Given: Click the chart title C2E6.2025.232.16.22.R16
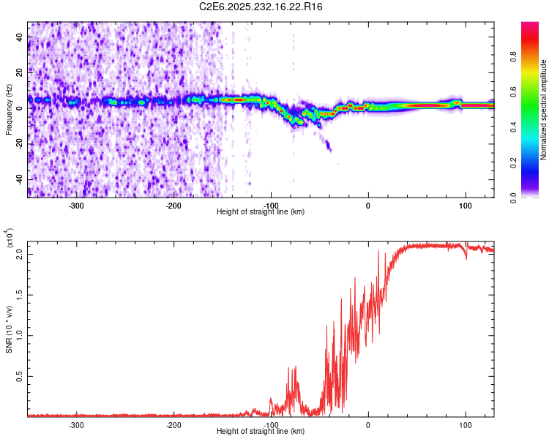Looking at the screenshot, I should [x=261, y=7].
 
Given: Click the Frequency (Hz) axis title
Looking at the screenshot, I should [x=9, y=109].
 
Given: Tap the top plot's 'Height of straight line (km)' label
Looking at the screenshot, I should [x=261, y=212].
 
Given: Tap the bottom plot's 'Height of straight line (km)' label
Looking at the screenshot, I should [x=261, y=432].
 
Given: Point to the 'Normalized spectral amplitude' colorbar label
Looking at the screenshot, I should [x=544, y=110].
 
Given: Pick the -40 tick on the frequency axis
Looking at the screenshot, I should [x=18, y=179].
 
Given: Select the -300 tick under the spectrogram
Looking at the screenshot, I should [x=77, y=206].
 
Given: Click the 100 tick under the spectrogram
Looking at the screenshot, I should [x=465, y=206].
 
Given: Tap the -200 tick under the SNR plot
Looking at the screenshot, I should [x=173, y=425].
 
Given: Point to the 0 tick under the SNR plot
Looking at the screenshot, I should [x=368, y=425].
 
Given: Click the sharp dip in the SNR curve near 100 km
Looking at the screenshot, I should [x=466, y=258].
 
